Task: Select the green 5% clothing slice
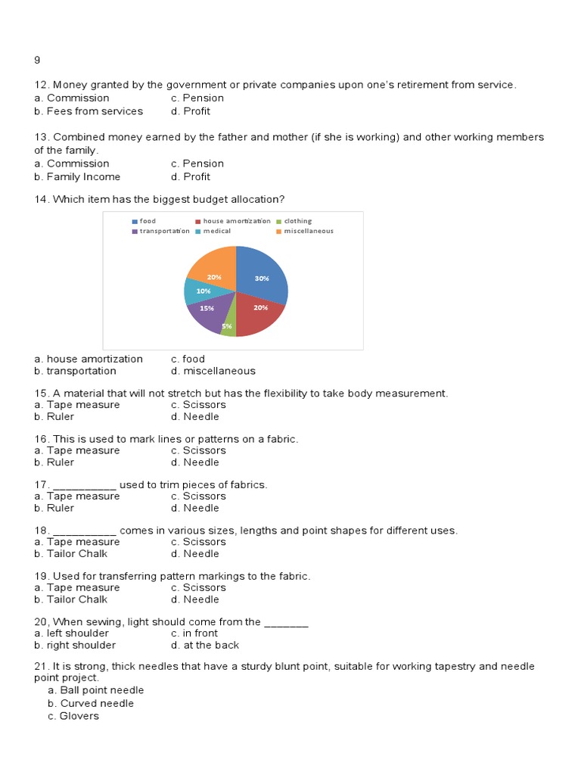(x=228, y=327)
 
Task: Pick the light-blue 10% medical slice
(x=200, y=290)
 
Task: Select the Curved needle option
(x=91, y=703)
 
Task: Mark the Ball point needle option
(x=95, y=690)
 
